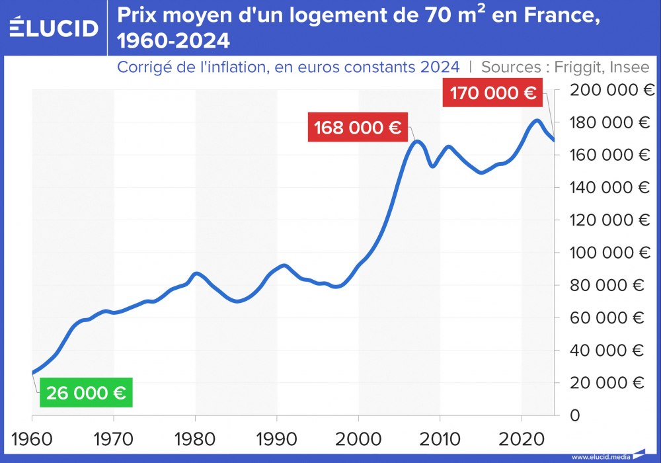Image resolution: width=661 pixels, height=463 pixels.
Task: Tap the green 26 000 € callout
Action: coord(86,393)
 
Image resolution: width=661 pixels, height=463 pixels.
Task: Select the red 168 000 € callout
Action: coord(358,128)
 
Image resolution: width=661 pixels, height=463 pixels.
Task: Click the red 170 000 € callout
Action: coord(492,92)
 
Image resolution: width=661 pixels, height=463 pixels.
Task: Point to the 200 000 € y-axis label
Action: coord(608,90)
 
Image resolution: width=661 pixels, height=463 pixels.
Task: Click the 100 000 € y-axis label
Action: coord(608,253)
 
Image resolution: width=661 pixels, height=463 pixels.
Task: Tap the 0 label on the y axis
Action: coord(574,415)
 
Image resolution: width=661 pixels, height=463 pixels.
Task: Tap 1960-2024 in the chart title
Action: coord(173,42)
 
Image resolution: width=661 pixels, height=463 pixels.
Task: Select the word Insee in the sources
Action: coord(631,67)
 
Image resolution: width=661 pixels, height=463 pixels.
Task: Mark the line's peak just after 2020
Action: coord(537,120)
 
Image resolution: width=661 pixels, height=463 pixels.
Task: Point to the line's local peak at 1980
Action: coord(196,273)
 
